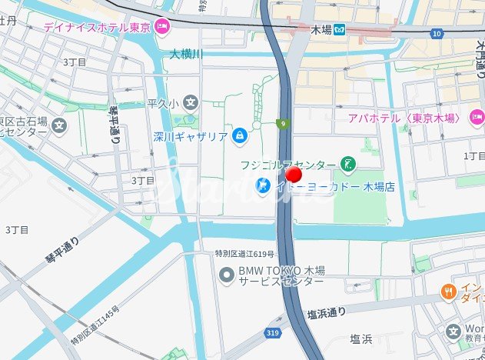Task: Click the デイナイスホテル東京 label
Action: (x=97, y=26)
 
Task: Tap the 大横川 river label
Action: (x=186, y=55)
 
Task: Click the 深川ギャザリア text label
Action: (x=190, y=136)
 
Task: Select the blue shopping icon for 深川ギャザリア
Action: (x=240, y=135)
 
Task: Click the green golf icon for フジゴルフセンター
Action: (x=348, y=165)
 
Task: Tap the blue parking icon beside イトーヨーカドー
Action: (x=262, y=185)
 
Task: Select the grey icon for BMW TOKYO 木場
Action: (x=226, y=274)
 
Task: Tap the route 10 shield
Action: (x=437, y=34)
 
